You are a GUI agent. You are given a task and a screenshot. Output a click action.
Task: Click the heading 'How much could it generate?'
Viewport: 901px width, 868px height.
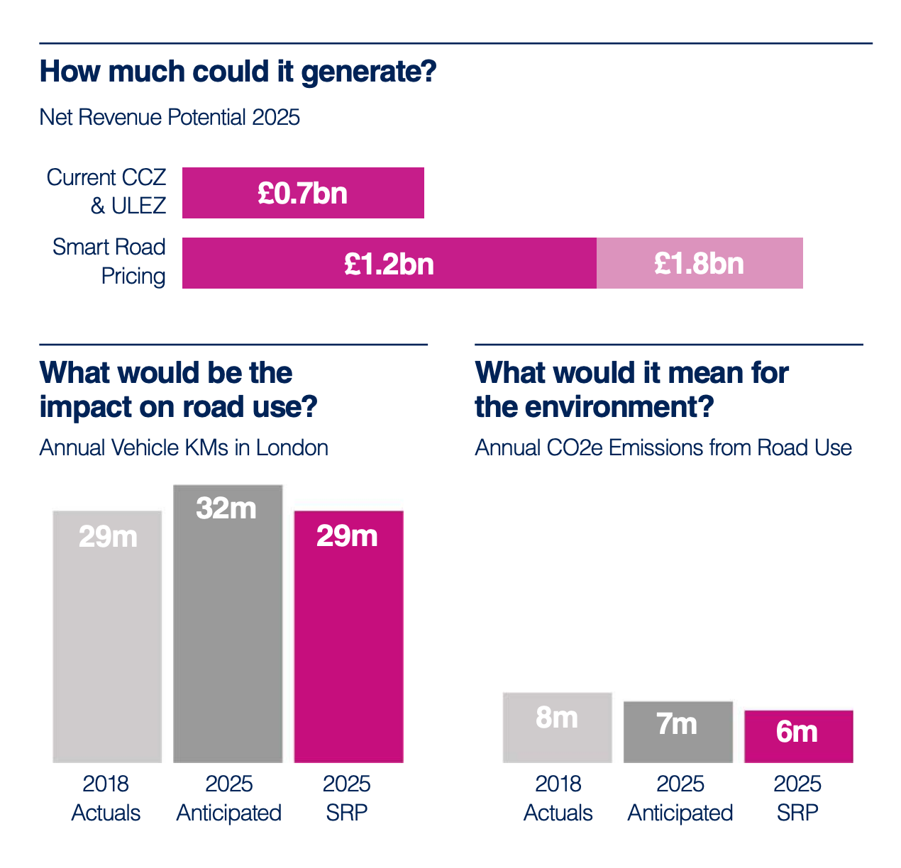[x=238, y=72]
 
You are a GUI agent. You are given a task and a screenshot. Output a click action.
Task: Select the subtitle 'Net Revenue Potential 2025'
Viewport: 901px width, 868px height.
[x=170, y=117]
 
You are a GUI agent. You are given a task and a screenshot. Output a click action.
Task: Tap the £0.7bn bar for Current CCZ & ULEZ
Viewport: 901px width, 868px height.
[x=303, y=193]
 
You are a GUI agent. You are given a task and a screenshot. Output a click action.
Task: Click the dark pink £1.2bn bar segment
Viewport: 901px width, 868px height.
[x=389, y=263]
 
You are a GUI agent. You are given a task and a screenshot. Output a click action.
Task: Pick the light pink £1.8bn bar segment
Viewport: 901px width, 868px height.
[x=700, y=263]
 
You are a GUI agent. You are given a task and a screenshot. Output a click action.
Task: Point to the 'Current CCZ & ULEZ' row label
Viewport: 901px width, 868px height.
[x=106, y=191]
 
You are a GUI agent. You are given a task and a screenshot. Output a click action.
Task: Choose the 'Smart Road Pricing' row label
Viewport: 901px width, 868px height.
[x=109, y=261]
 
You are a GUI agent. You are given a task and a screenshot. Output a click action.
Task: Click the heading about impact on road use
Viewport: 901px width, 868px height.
[x=178, y=390]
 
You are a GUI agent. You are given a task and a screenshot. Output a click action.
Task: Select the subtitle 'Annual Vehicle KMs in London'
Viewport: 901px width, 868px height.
[x=184, y=448]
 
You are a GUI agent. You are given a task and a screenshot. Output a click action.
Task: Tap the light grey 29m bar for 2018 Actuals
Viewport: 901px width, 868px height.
[x=107, y=638]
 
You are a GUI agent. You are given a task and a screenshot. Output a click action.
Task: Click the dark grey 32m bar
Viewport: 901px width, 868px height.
[x=228, y=624]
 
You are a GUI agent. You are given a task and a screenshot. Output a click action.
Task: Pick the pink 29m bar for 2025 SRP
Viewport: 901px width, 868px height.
[x=348, y=638]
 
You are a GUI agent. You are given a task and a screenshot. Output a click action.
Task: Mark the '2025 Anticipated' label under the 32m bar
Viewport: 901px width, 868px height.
[x=228, y=798]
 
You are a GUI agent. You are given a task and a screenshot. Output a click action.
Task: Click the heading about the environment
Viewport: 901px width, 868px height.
[x=631, y=390]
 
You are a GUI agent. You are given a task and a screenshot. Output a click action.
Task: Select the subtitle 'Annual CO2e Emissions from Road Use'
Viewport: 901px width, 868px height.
[x=663, y=448]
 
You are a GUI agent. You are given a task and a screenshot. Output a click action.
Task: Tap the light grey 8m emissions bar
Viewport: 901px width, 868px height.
[x=557, y=728]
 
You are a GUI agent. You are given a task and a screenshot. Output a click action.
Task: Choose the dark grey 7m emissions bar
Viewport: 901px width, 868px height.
[x=678, y=732]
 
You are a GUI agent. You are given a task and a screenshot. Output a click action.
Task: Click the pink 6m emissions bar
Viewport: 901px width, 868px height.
[x=798, y=736]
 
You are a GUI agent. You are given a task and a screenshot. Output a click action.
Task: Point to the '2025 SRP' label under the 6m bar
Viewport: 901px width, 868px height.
[x=797, y=798]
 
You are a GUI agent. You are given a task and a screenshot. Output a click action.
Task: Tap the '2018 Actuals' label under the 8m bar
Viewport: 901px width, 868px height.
[x=558, y=798]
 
